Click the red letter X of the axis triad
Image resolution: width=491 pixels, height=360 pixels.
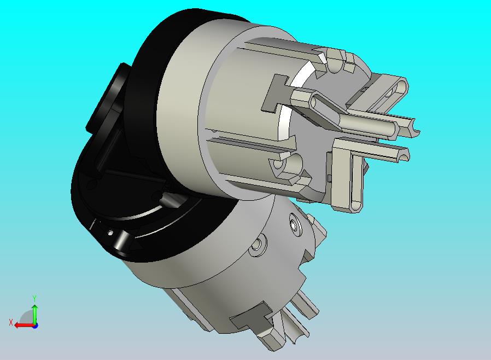(11, 322)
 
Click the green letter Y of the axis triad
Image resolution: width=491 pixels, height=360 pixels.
(34, 298)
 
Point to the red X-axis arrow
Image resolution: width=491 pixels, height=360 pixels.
(25, 326)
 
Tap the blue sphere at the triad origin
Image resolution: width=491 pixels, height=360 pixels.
(35, 326)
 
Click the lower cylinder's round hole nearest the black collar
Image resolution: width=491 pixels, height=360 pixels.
(257, 244)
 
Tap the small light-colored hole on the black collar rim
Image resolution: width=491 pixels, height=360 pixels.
(110, 233)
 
